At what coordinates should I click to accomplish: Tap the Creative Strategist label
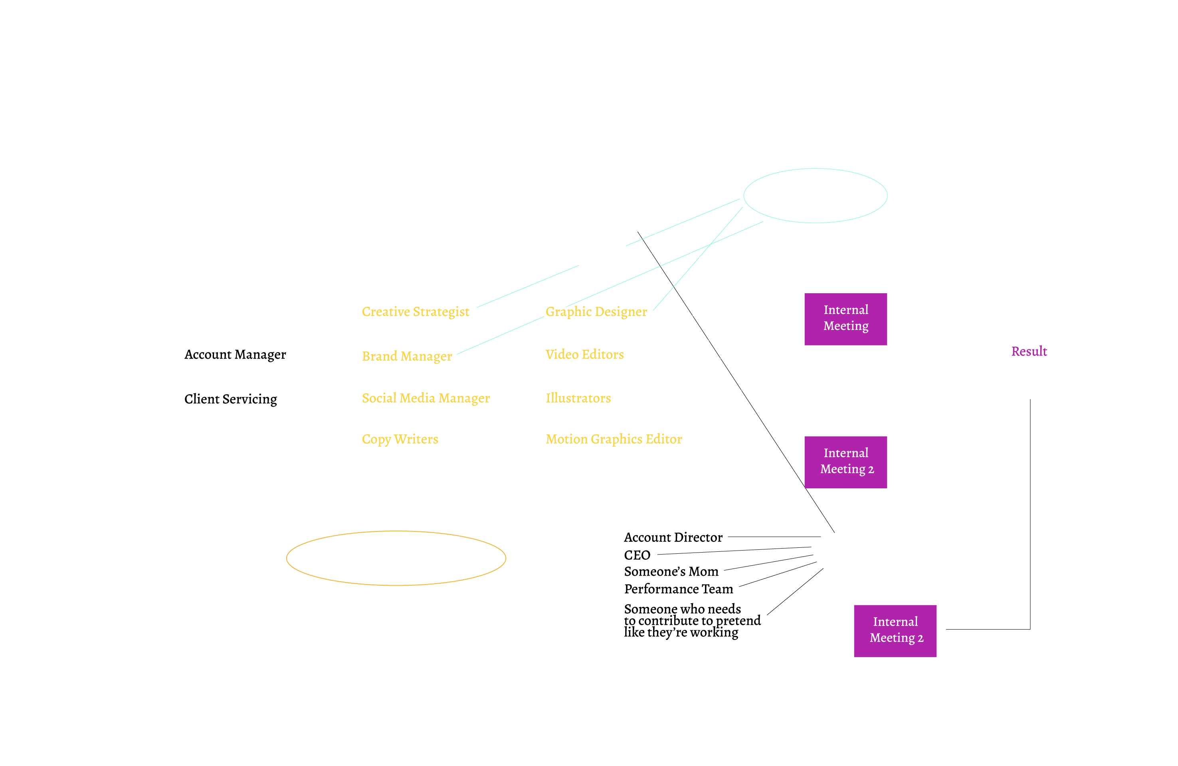tap(415, 312)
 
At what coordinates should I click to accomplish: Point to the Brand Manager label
tap(406, 356)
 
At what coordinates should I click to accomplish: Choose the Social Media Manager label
tap(426, 398)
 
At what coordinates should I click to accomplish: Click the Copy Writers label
tap(400, 439)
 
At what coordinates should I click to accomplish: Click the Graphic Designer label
tap(596, 312)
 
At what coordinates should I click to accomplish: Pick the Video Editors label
tap(584, 355)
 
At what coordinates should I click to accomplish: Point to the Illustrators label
tap(578, 398)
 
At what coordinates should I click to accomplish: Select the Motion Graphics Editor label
tap(613, 439)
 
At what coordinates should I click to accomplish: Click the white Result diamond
tap(1030, 352)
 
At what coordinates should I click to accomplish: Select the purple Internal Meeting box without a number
tap(845, 319)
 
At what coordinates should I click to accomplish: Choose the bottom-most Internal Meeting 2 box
tap(895, 630)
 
